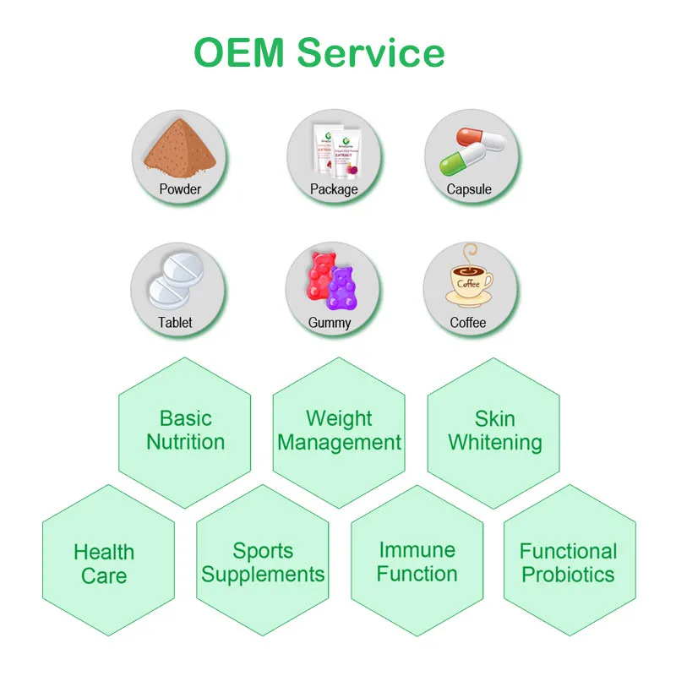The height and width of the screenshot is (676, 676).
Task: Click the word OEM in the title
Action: point(240,52)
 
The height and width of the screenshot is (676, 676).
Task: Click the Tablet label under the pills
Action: point(175,322)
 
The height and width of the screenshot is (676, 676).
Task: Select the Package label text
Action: point(334,189)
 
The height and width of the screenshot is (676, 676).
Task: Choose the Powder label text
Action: point(180,189)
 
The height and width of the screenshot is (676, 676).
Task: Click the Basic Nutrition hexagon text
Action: point(185,430)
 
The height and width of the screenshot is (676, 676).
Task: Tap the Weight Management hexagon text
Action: point(339,430)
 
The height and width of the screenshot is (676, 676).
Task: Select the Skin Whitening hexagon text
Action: point(494,430)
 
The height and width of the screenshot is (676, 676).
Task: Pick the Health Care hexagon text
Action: point(104,564)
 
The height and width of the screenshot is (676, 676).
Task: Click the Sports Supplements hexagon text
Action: point(263,563)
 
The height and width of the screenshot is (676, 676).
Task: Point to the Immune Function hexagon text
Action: point(417,562)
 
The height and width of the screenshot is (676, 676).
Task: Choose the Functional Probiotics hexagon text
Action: point(569,563)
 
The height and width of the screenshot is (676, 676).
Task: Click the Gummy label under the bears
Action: point(330,323)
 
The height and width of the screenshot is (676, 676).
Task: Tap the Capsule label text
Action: point(469,189)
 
